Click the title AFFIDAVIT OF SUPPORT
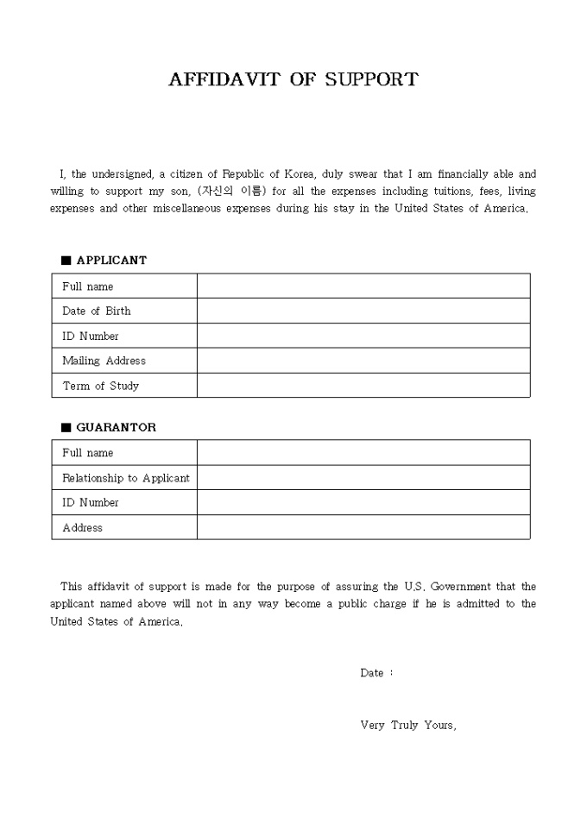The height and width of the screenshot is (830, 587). [293, 79]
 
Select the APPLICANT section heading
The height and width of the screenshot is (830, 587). [111, 260]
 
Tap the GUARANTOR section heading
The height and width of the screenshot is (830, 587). [116, 427]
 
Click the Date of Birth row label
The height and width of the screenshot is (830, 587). [97, 311]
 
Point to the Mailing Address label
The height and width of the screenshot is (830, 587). [104, 361]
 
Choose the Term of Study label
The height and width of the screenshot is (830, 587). [100, 386]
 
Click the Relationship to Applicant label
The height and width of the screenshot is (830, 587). [125, 478]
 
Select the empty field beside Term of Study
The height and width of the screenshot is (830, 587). [363, 386]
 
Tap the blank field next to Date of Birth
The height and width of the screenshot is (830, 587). [363, 311]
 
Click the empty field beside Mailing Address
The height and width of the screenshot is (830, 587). [363, 361]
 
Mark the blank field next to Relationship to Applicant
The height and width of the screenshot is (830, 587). [363, 478]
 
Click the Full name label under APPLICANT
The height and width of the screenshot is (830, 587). [87, 286]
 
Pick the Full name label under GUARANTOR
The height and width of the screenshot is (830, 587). [87, 453]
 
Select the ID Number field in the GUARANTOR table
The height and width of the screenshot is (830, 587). [363, 502]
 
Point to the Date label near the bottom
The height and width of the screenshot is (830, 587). [372, 673]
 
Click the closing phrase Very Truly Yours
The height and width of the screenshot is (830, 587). [407, 726]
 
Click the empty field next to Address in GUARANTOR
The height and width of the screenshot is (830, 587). [363, 527]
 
